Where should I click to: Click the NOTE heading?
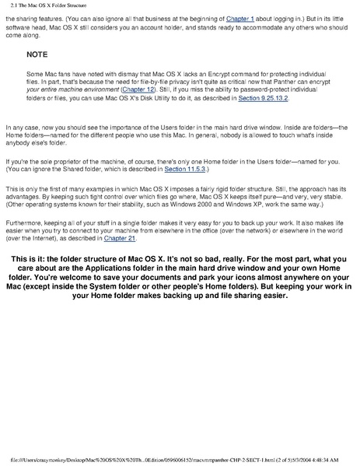(37, 56)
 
